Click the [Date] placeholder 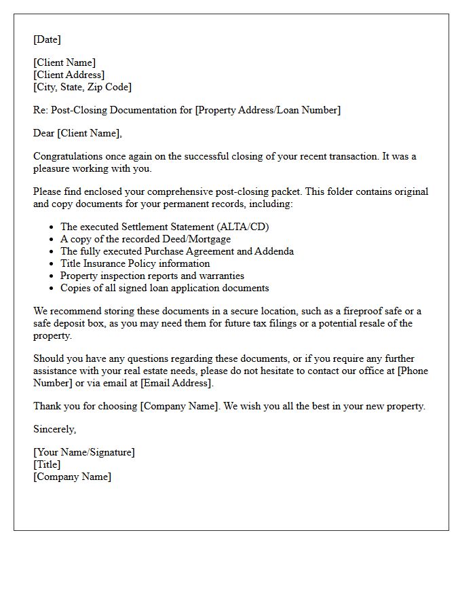[47, 39]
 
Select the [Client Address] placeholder [69, 75]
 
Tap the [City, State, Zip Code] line [82, 87]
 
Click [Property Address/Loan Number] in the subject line [267, 110]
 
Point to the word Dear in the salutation [44, 133]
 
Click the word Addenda [274, 251]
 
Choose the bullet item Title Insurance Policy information [134, 263]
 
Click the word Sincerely [54, 429]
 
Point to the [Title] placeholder [47, 464]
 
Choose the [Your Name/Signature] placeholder [83, 452]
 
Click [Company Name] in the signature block [72, 477]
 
